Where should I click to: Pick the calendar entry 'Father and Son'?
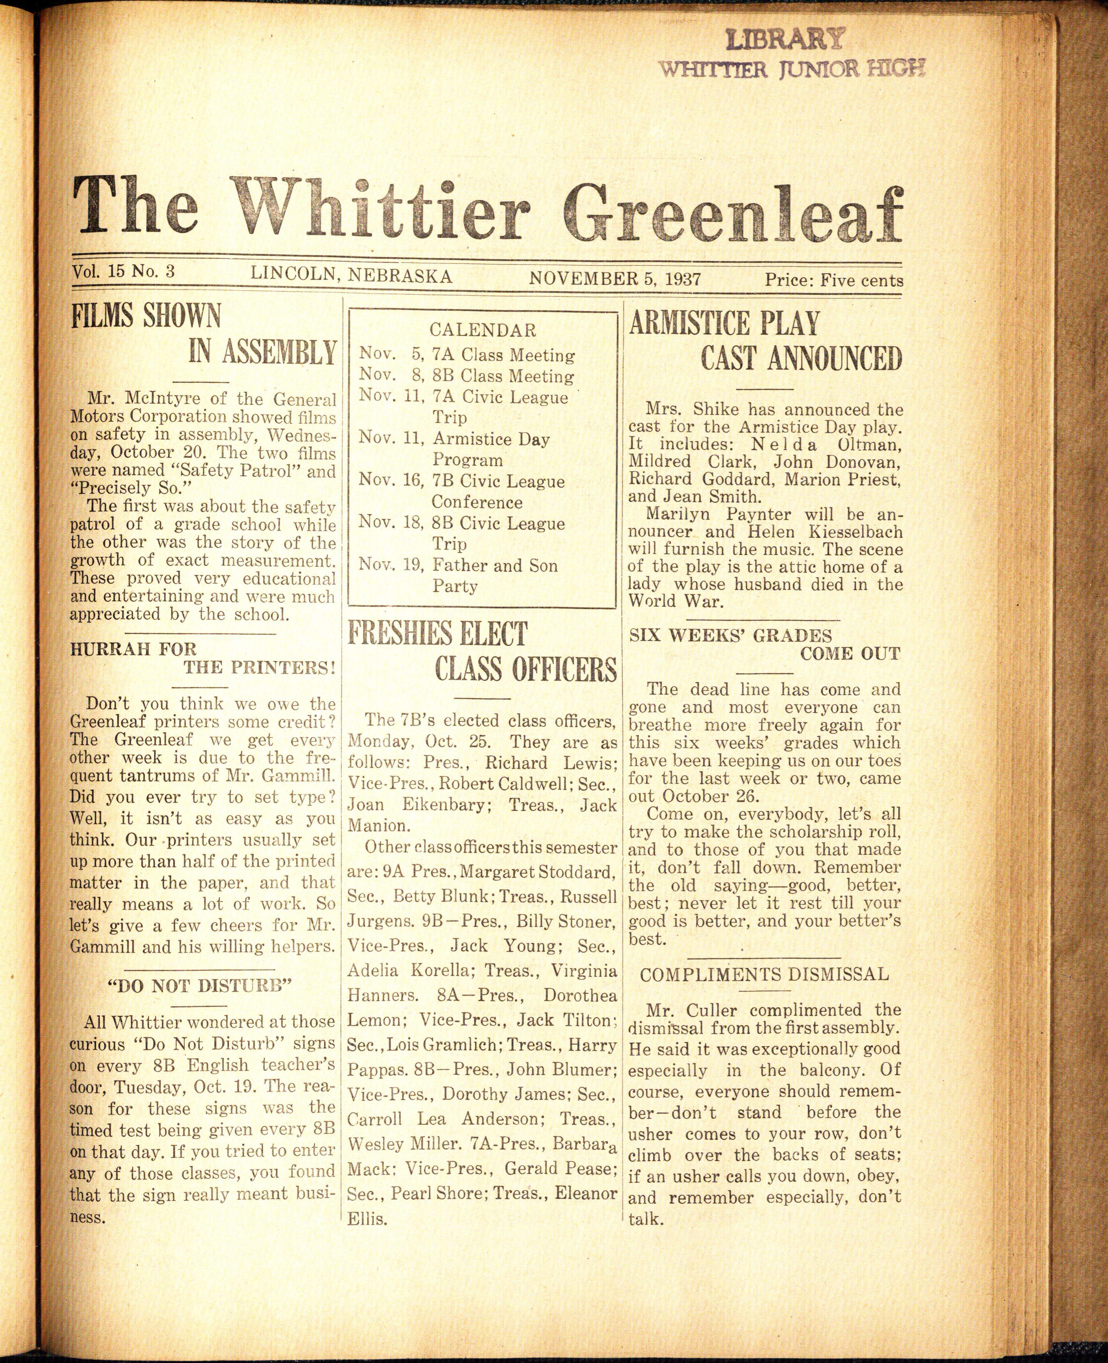495,565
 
